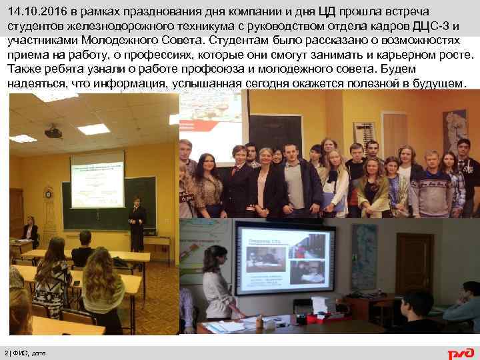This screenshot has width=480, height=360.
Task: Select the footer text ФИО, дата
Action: pos(29,353)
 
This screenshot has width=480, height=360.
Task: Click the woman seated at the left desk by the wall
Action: pos(29,231)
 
